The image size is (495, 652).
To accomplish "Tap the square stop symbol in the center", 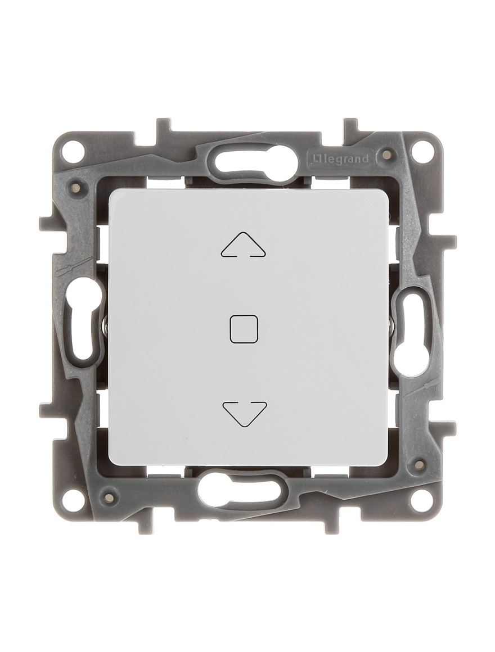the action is point(244,330).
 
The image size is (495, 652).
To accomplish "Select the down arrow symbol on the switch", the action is point(244,413).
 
